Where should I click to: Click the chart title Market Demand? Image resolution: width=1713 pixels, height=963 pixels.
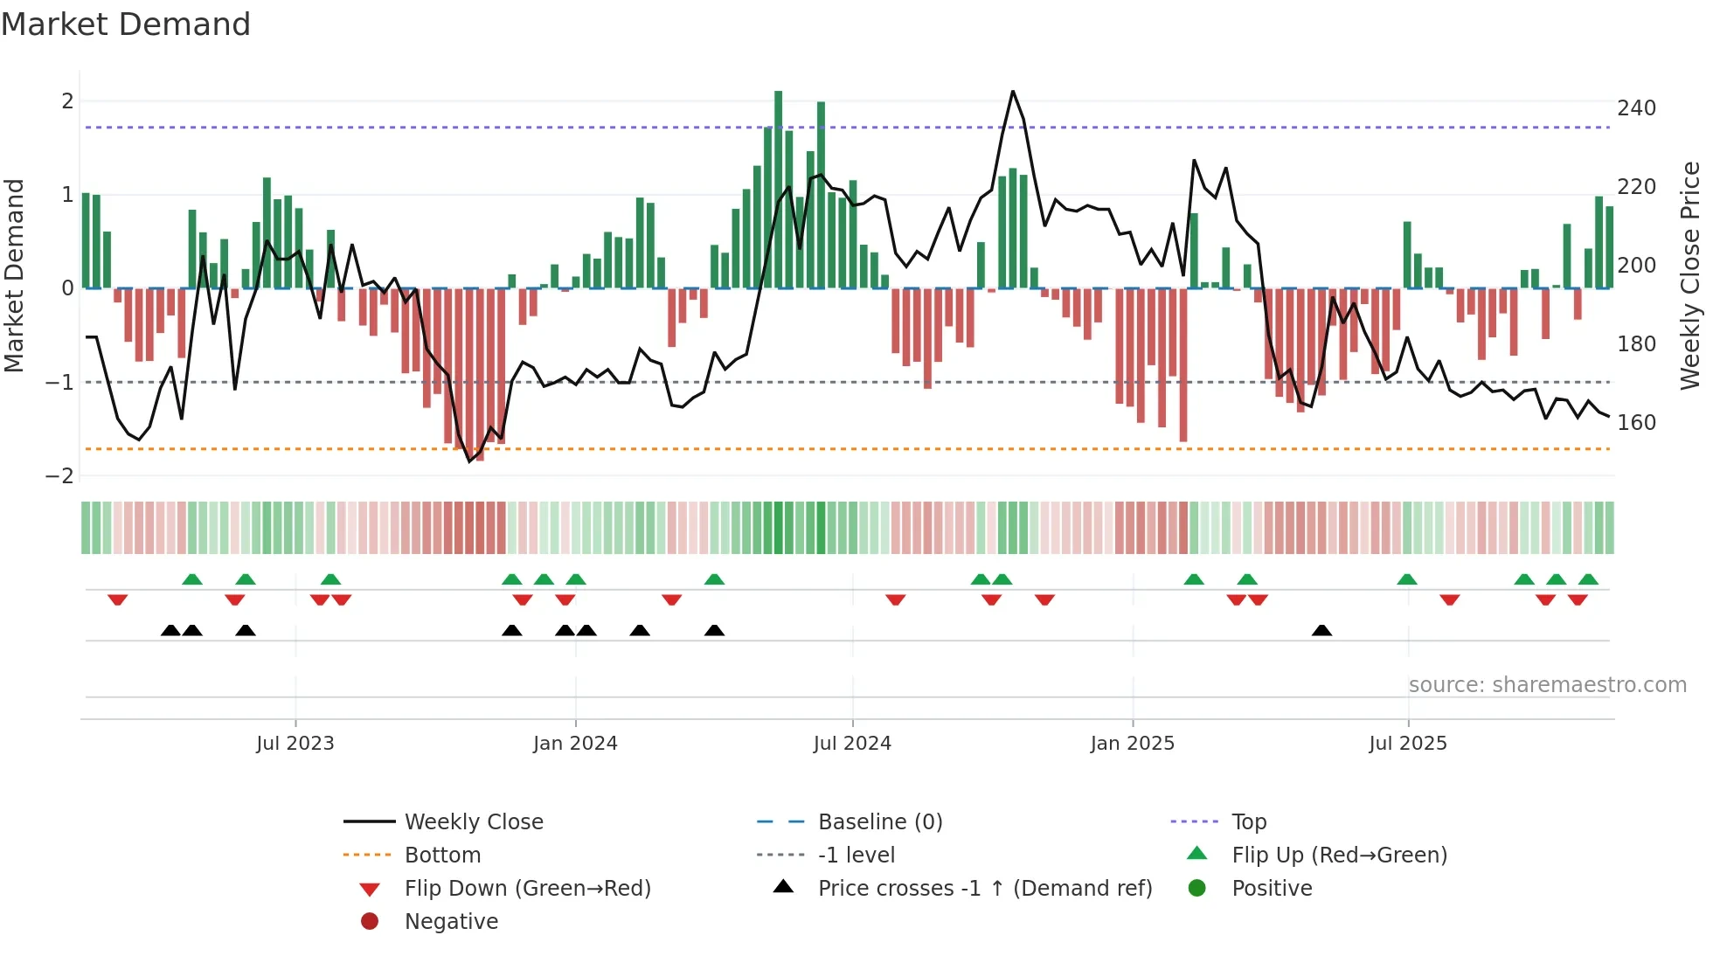[x=126, y=24]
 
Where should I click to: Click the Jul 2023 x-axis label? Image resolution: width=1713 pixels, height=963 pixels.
[x=295, y=744]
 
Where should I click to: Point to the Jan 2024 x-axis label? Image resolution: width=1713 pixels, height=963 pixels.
[x=575, y=744]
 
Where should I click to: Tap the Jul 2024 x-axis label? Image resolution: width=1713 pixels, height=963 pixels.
[x=852, y=744]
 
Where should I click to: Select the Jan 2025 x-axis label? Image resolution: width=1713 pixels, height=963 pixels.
[x=1133, y=744]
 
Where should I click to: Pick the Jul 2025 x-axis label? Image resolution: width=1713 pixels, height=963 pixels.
[x=1408, y=744]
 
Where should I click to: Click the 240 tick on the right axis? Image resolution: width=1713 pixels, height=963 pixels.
[x=1636, y=108]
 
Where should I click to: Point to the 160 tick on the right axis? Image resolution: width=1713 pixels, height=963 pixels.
[x=1636, y=423]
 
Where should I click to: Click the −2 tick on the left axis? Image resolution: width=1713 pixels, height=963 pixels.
[x=59, y=476]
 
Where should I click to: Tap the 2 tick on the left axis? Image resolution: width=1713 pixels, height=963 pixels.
[x=67, y=101]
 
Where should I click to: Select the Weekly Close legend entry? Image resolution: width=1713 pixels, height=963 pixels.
[x=474, y=822]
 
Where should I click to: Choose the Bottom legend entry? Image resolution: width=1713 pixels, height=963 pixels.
[x=442, y=856]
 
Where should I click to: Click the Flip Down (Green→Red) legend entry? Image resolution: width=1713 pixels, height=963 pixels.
[x=527, y=889]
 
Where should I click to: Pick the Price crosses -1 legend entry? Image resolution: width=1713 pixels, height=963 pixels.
[x=985, y=889]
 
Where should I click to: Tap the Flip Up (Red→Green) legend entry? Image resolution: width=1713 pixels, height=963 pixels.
[x=1339, y=856]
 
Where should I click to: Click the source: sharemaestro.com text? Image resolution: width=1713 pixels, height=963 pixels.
[x=1547, y=685]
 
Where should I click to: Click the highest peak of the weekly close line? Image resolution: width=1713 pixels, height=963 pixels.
[x=1013, y=92]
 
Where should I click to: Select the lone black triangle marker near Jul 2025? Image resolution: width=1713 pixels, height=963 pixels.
[x=1321, y=631]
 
